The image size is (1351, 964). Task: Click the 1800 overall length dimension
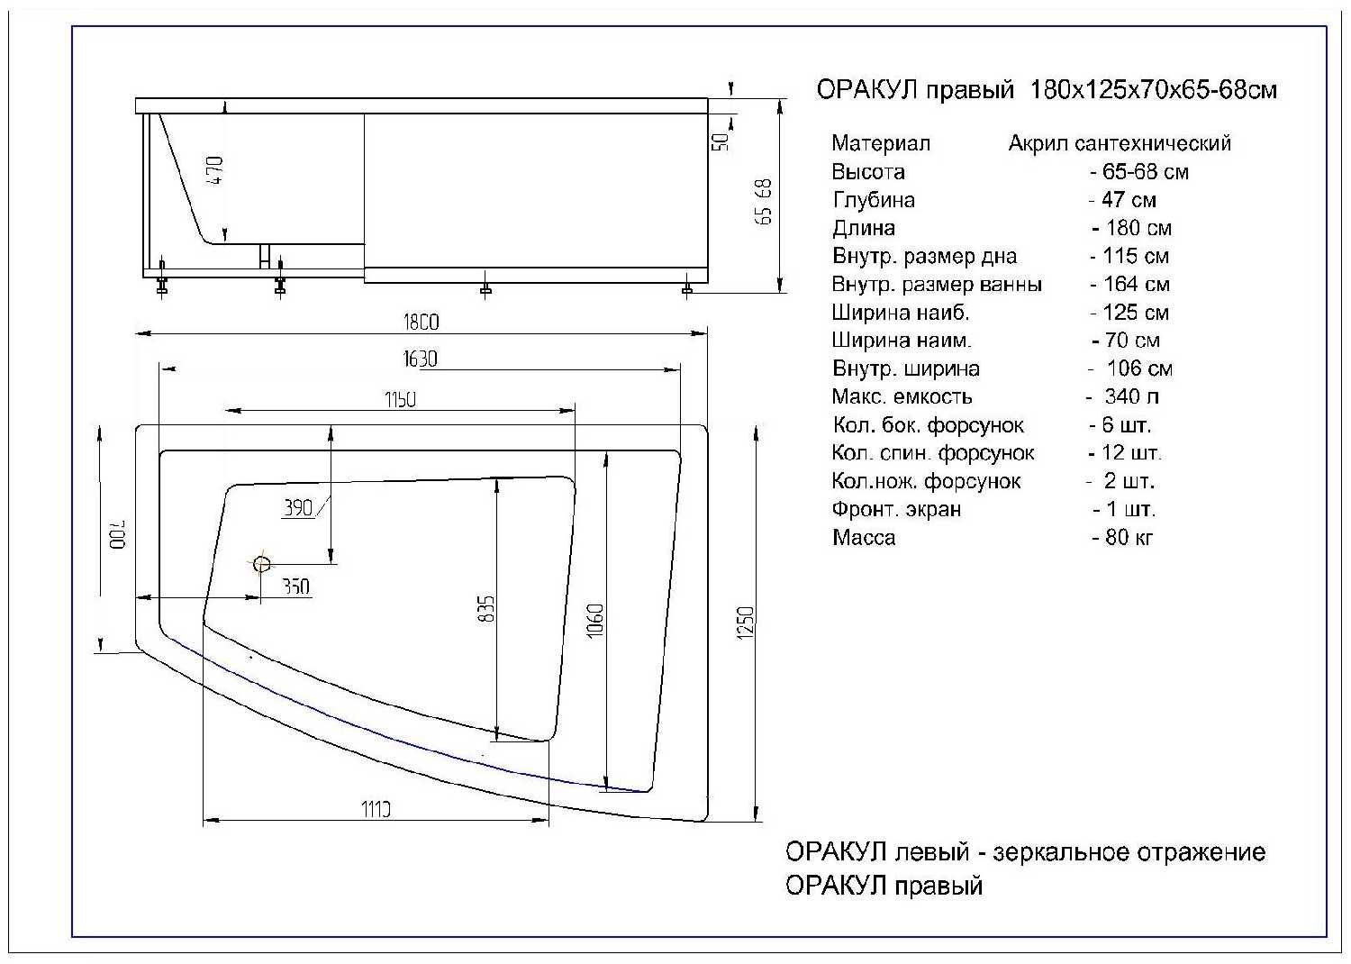[421, 322]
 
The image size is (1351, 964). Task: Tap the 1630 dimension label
[420, 359]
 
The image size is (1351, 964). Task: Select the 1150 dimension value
[400, 399]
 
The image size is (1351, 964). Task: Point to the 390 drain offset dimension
[298, 508]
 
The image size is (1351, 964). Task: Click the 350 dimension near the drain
[296, 587]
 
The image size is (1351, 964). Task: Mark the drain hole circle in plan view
[262, 564]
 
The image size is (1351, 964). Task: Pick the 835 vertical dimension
[485, 609]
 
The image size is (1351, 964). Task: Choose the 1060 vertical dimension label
[595, 620]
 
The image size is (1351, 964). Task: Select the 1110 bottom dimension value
[376, 809]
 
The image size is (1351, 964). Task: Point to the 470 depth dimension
[214, 170]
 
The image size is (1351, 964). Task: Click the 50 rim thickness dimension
[720, 141]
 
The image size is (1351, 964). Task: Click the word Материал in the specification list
[881, 143]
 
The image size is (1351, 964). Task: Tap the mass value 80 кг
[1122, 538]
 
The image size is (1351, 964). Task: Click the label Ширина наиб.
[901, 313]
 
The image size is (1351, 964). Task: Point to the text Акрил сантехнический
[1119, 143]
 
